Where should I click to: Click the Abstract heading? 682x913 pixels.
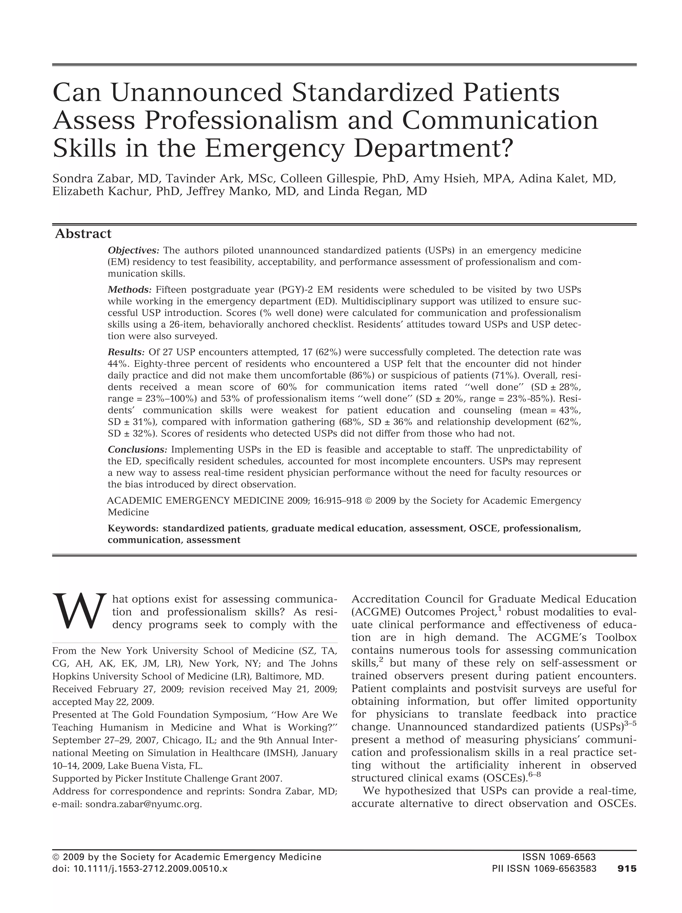pos(83,234)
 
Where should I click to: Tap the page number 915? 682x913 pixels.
pos(627,868)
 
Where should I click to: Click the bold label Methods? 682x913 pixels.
pos(130,290)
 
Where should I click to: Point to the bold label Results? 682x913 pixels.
pos(126,352)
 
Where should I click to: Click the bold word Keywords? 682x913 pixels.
pos(133,528)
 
